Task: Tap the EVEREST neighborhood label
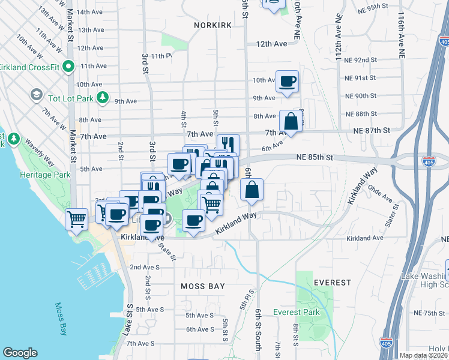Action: click(x=332, y=283)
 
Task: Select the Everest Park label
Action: click(x=297, y=312)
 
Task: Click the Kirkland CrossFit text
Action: click(x=29, y=66)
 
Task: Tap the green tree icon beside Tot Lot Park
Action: click(x=103, y=97)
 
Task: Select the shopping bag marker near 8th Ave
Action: click(x=291, y=121)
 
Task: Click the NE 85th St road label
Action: click(x=314, y=158)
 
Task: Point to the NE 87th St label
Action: click(x=372, y=130)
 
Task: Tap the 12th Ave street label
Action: click(x=272, y=44)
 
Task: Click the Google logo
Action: click(x=20, y=353)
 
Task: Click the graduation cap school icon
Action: click(x=37, y=95)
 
